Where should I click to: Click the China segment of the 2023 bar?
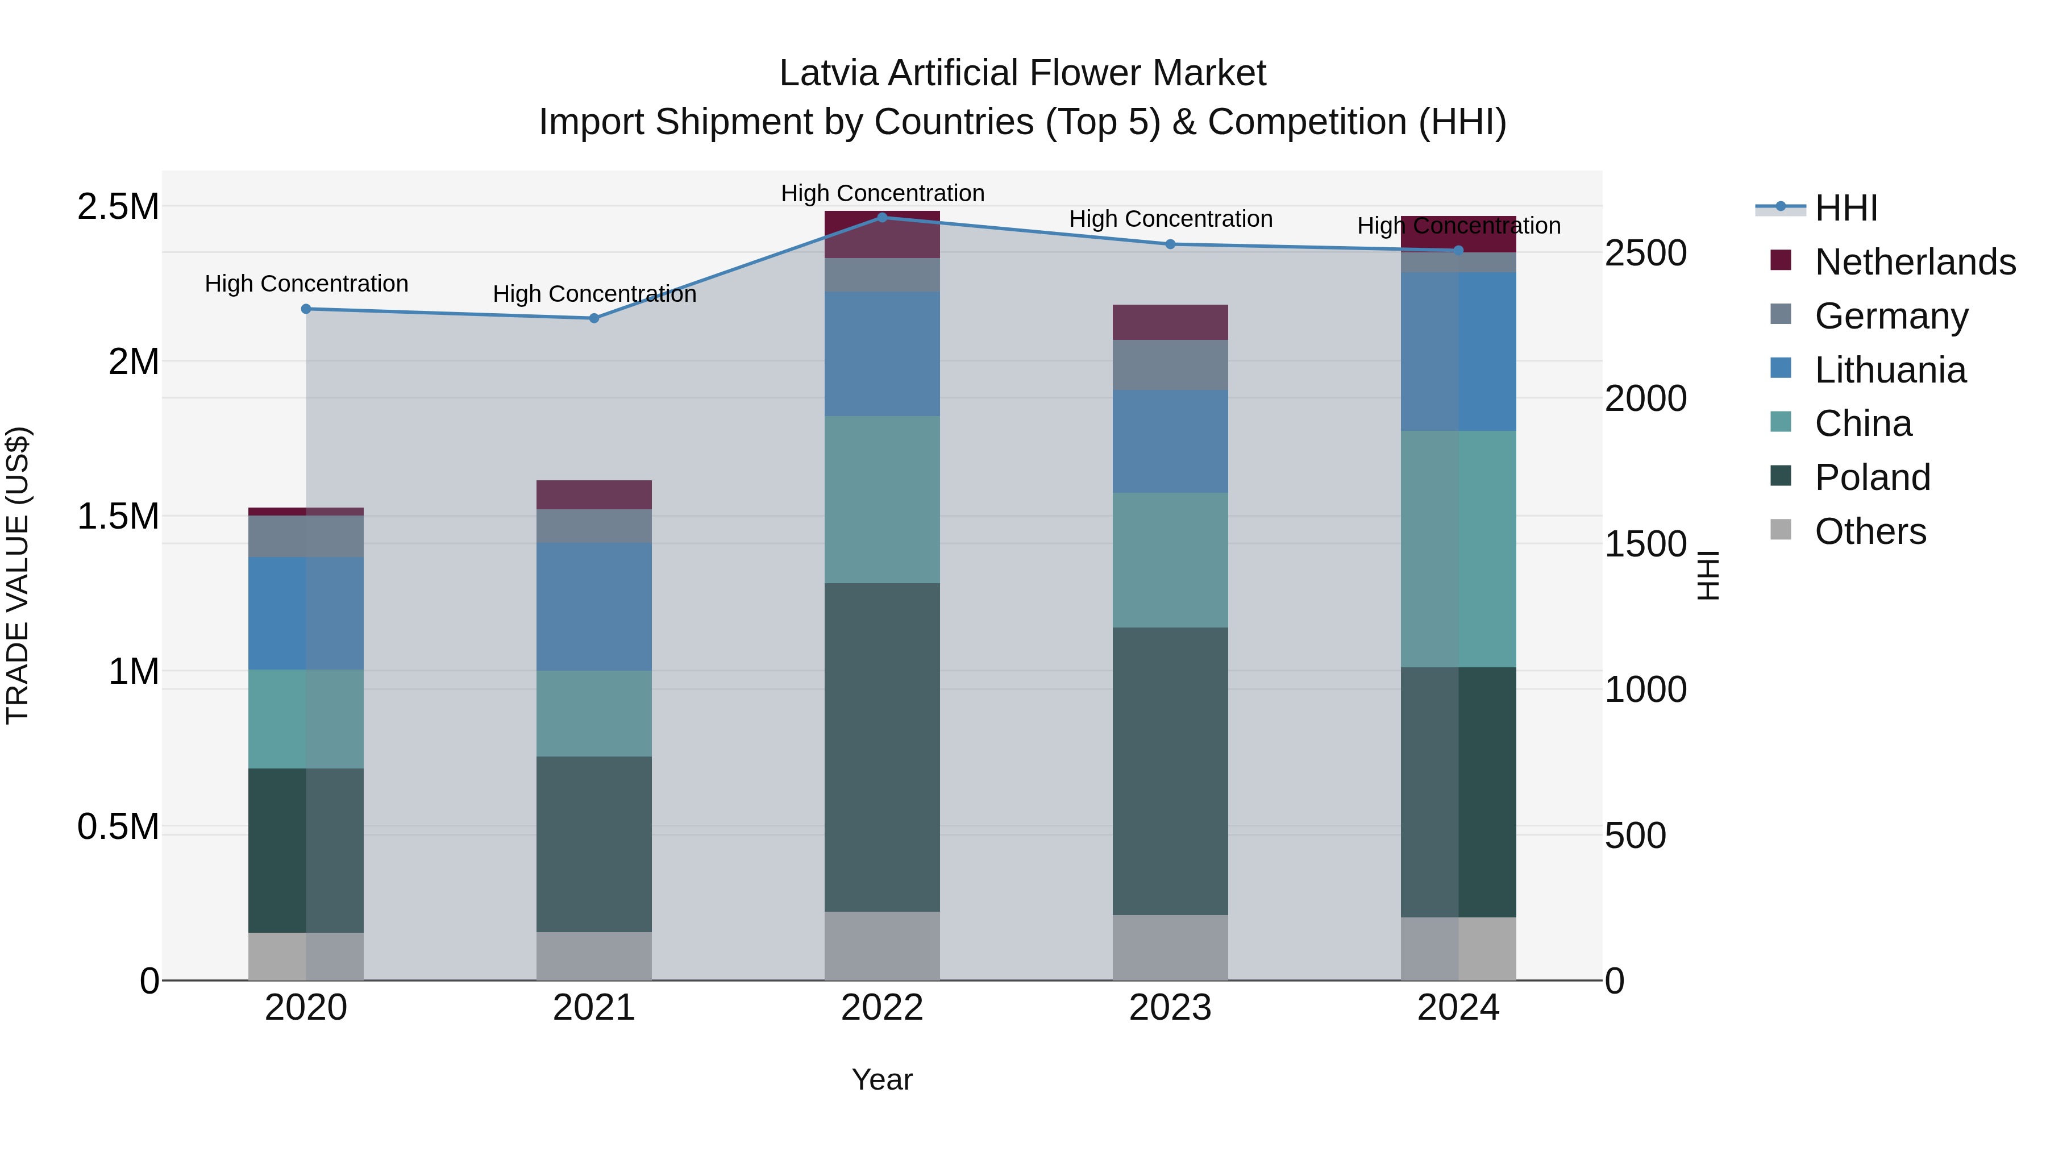[x=1170, y=559]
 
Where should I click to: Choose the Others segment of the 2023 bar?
[x=1170, y=947]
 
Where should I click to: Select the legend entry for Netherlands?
[x=1914, y=261]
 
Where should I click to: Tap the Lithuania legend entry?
[x=1890, y=369]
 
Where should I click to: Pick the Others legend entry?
[x=1870, y=531]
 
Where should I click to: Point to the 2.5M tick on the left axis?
[x=118, y=206]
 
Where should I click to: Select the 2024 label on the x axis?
[x=1458, y=1008]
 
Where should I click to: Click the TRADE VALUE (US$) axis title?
[x=18, y=575]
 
